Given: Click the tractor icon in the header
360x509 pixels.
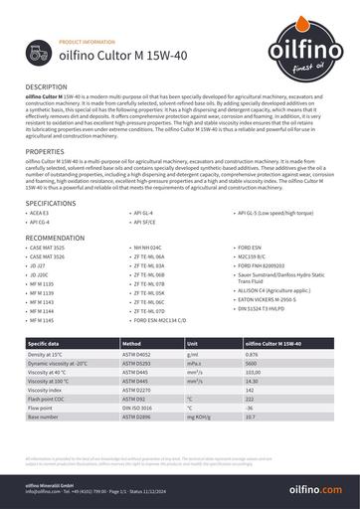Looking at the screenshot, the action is [41, 55].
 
